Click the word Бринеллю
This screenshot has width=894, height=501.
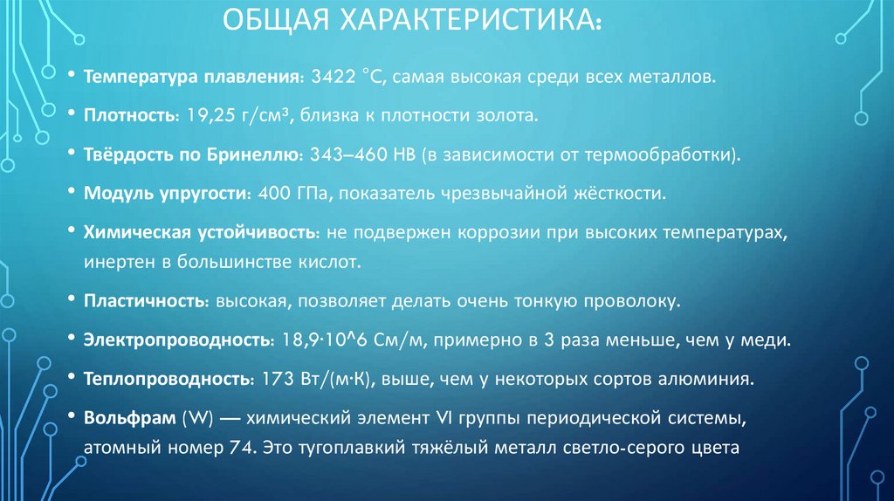tap(258, 154)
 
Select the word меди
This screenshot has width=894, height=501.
tap(770, 340)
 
